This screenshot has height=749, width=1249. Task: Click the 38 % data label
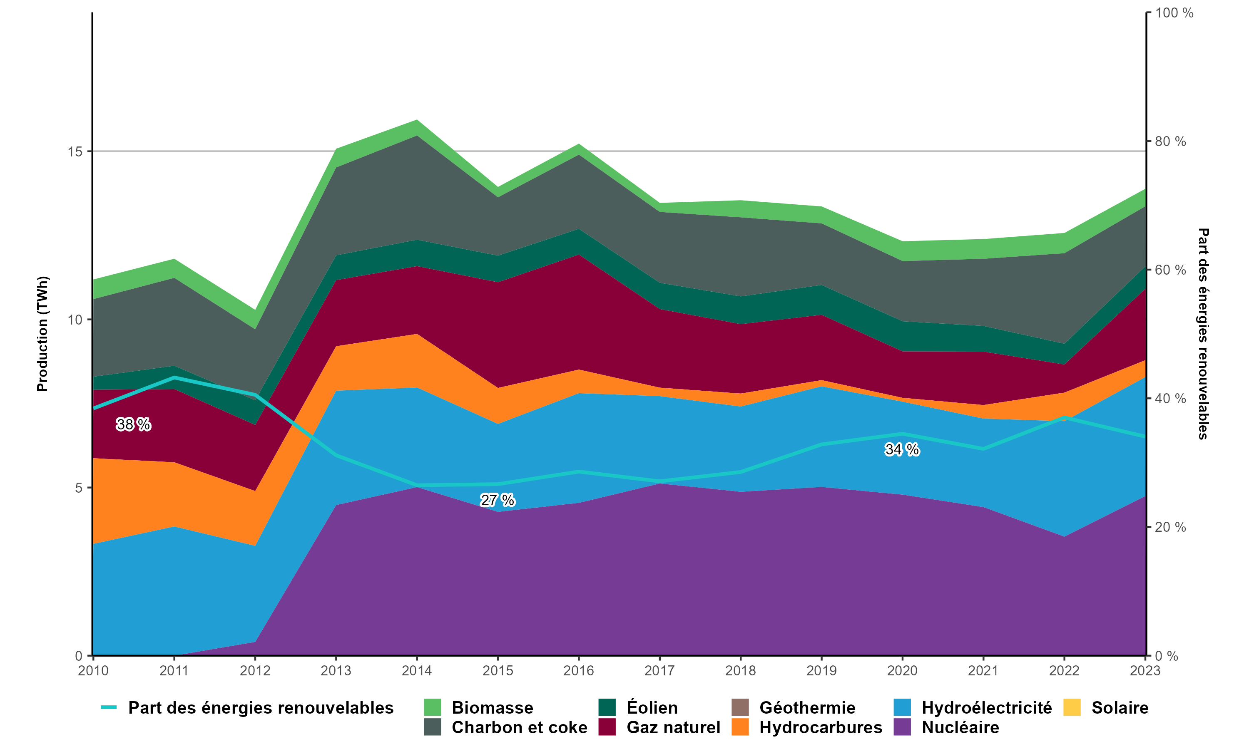click(x=133, y=424)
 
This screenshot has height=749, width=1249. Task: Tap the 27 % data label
click(x=497, y=500)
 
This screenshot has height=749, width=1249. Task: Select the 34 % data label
click(x=902, y=449)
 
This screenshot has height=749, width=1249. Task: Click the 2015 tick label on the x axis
click(x=498, y=671)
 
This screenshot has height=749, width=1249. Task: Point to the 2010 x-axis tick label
click(x=93, y=671)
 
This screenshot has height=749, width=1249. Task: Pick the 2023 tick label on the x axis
click(x=1145, y=671)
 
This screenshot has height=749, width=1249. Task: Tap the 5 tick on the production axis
click(x=79, y=488)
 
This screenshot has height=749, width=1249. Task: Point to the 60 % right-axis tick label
click(x=1171, y=270)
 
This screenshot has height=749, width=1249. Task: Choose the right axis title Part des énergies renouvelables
click(x=1203, y=334)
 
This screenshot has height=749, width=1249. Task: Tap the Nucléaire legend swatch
click(x=902, y=727)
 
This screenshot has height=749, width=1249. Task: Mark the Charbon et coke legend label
click(x=520, y=727)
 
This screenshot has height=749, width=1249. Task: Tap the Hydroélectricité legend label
click(x=986, y=708)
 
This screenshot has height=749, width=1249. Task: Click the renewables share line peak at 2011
click(x=174, y=377)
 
